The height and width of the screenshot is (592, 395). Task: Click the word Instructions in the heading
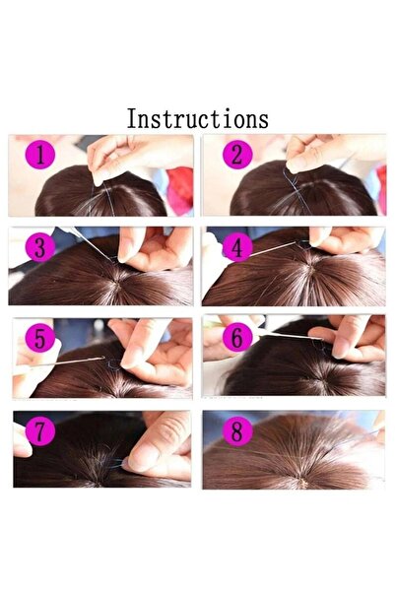(x=197, y=119)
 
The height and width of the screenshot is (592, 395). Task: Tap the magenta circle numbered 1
(x=40, y=155)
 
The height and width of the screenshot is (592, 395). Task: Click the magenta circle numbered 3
(x=39, y=247)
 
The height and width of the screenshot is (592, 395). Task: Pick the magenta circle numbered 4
(x=236, y=247)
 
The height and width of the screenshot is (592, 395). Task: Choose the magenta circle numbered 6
(x=236, y=338)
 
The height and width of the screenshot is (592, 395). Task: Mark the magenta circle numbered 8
(x=236, y=431)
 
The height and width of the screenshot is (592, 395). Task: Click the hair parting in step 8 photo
(x=296, y=463)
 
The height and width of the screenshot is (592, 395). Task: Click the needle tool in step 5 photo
(x=79, y=360)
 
